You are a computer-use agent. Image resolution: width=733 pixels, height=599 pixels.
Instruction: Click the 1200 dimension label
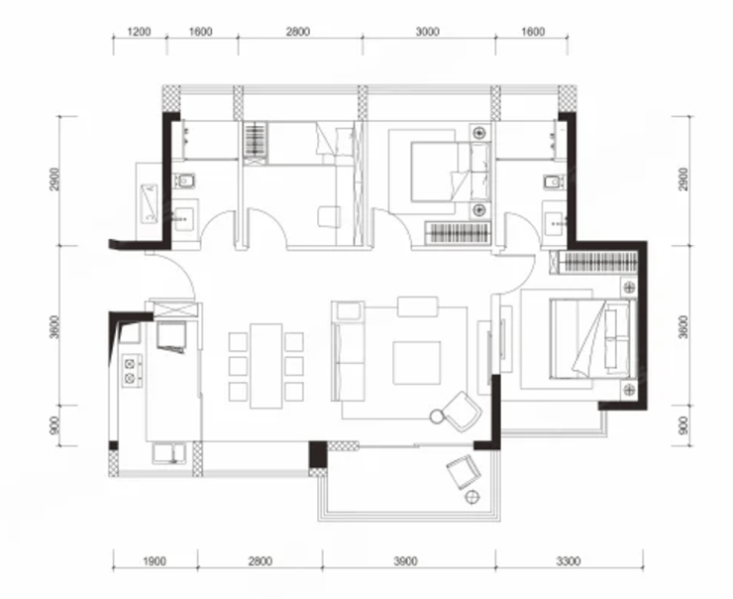point(139,32)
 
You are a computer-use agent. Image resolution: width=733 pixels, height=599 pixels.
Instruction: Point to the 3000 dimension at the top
point(427,32)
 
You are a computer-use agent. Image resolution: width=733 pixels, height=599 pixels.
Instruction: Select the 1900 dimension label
point(154,560)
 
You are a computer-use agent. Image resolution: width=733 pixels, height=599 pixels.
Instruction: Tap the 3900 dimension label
point(405,560)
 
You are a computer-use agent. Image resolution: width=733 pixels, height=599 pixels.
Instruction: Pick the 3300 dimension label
point(569,560)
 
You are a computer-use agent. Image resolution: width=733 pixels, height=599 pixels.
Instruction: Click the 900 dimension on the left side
point(54,425)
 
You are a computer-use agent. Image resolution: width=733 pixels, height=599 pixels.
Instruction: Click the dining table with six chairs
point(266,366)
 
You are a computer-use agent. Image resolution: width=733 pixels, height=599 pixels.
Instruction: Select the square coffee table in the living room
point(416,363)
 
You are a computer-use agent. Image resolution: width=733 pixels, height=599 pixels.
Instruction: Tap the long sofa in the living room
point(348,351)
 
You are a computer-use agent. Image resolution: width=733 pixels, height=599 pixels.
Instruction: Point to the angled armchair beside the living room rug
point(462,412)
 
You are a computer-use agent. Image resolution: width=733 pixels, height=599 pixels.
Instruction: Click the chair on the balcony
point(464,472)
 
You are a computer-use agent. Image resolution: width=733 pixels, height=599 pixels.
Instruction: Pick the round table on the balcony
point(472,497)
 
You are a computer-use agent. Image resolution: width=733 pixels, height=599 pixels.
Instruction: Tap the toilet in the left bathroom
point(184,180)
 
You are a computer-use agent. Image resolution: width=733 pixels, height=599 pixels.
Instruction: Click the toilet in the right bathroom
point(554,181)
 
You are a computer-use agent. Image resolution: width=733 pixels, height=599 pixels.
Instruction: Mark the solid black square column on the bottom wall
point(318,454)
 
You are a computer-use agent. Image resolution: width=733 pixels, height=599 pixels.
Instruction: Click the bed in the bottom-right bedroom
point(592,339)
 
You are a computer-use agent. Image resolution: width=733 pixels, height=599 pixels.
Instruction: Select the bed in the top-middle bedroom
point(451,172)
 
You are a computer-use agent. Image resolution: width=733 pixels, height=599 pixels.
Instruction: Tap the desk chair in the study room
point(329,216)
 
